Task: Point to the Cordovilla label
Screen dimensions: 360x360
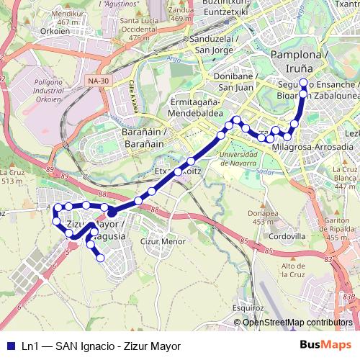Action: [x=283, y=235]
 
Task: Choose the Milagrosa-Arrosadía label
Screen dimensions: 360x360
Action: [x=314, y=147]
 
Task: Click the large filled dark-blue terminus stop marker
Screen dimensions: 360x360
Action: [x=112, y=213]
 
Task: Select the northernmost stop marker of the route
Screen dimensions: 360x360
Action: [x=303, y=82]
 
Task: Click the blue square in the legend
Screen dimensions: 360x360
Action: [x=9, y=346]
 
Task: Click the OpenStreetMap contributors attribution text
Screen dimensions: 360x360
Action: [x=298, y=322]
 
